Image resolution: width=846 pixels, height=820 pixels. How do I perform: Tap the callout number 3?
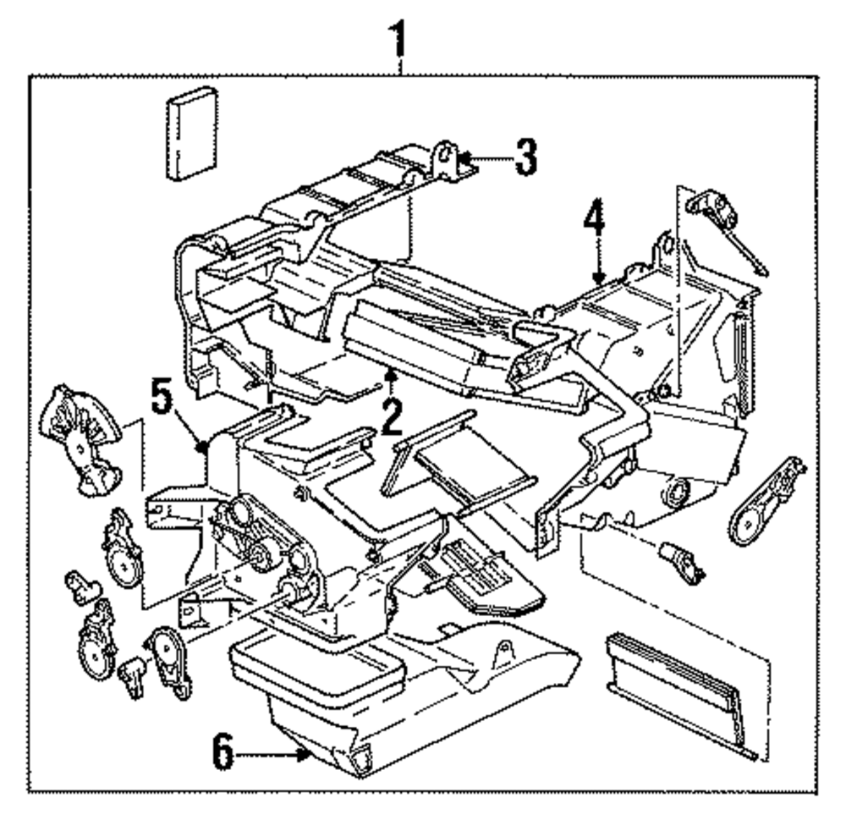click(525, 157)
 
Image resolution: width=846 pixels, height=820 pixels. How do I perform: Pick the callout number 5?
click(162, 395)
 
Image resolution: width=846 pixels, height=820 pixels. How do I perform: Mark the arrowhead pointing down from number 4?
click(597, 278)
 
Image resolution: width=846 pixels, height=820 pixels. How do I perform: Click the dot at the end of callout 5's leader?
click(203, 446)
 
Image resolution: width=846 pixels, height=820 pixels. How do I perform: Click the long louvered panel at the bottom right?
click(682, 695)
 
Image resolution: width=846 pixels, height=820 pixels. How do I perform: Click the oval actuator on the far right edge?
click(765, 502)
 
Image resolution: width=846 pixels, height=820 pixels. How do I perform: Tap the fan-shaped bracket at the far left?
click(81, 439)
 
